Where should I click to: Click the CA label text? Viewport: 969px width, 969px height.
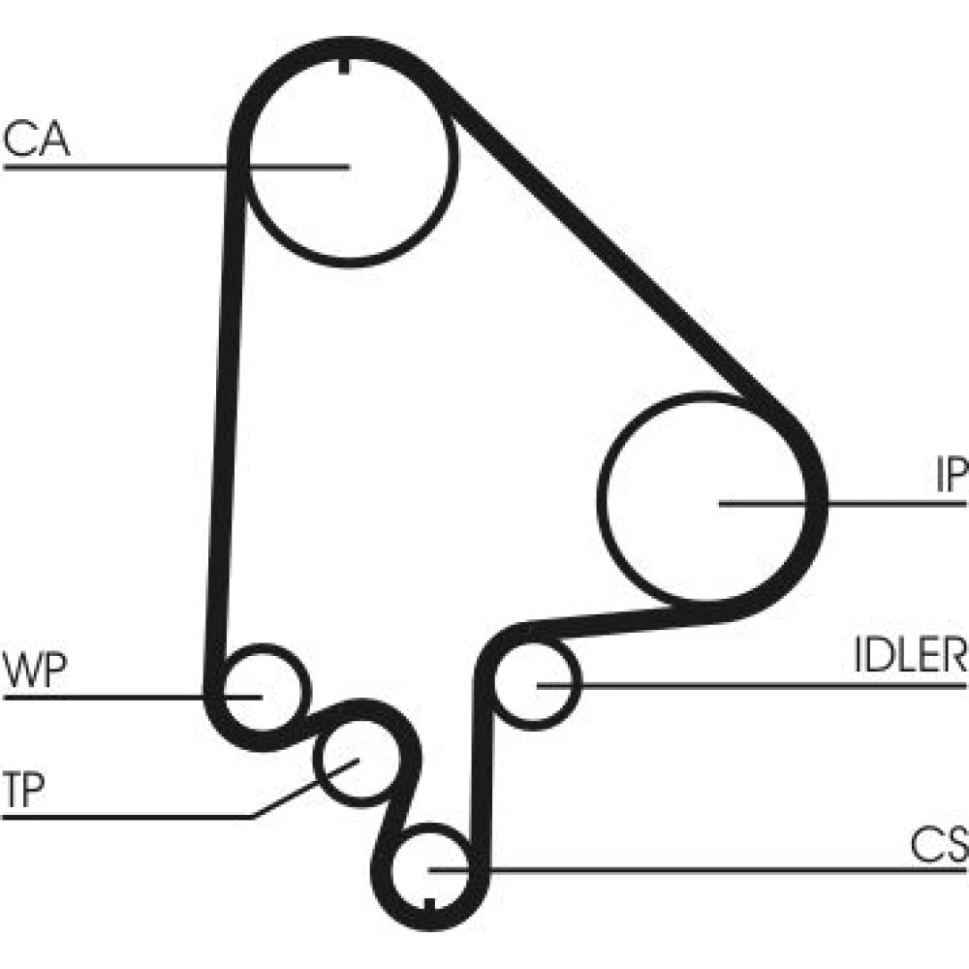(36, 141)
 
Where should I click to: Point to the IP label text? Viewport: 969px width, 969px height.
(951, 475)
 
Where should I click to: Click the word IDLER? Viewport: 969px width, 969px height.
(910, 656)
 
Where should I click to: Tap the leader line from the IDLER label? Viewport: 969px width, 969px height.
(756, 685)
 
